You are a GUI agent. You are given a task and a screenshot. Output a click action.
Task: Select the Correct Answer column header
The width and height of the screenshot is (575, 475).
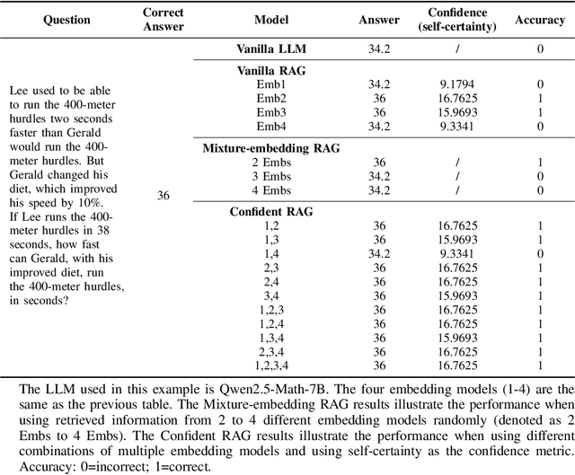point(163,19)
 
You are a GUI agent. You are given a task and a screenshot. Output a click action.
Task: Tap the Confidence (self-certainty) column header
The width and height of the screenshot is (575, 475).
point(458,19)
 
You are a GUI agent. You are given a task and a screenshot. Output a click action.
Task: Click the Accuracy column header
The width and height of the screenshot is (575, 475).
point(540,19)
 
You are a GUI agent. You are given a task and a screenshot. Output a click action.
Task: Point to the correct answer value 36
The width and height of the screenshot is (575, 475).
point(164,195)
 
